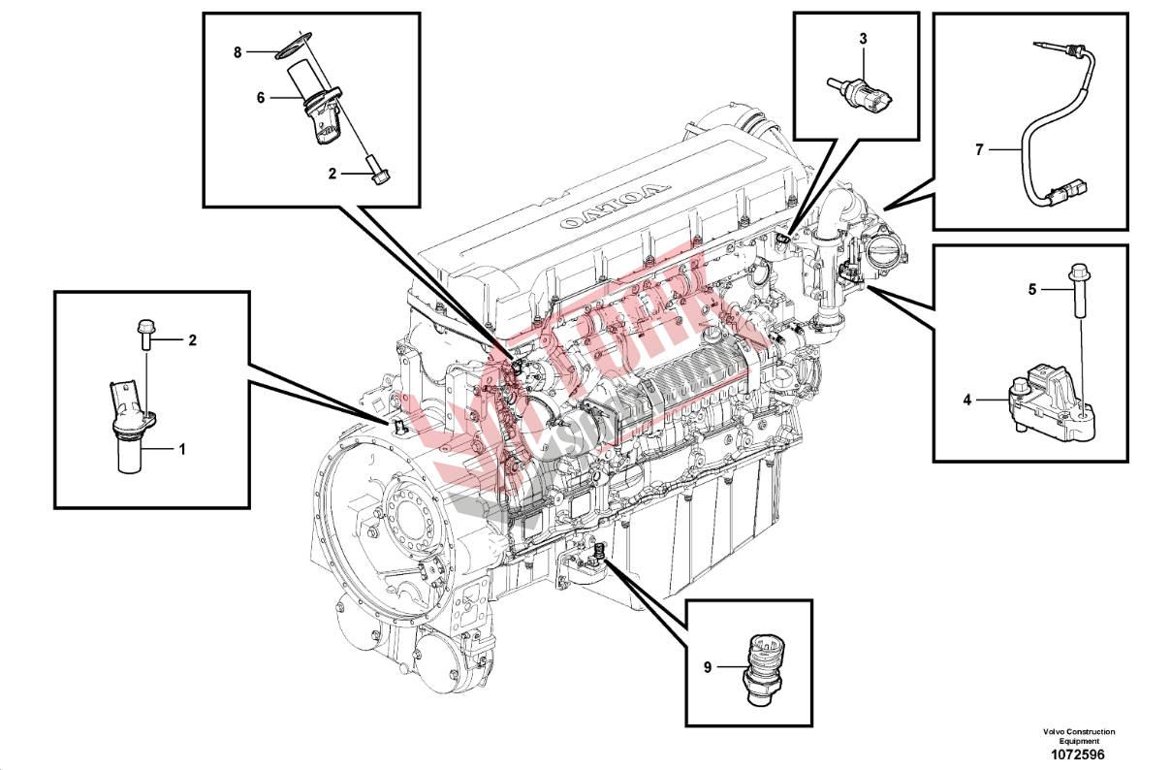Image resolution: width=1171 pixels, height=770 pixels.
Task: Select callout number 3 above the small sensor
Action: [x=863, y=39]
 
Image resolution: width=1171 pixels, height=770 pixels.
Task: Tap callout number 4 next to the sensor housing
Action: [x=966, y=399]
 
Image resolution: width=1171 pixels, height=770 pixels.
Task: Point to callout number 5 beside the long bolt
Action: [x=1032, y=289]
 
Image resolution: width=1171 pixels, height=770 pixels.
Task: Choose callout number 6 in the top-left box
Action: [x=261, y=97]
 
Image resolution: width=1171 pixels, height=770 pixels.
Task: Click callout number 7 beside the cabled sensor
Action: [x=979, y=150]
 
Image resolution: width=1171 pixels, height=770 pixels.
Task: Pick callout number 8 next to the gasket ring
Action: [x=237, y=52]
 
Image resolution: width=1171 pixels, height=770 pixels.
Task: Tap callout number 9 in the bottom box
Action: [x=708, y=667]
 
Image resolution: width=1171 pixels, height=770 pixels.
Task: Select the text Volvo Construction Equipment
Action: [x=1079, y=736]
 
